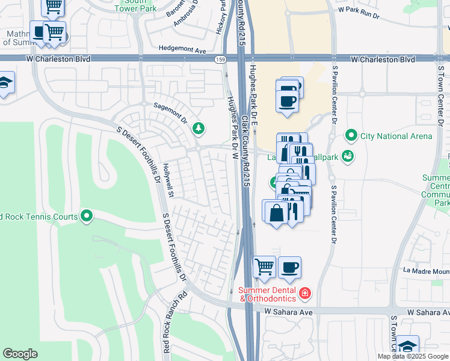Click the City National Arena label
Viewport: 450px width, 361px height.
tap(396, 136)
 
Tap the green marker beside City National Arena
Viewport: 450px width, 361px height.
tap(352, 136)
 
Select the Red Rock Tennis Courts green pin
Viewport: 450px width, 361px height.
tap(87, 215)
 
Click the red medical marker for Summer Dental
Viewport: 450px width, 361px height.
tap(305, 294)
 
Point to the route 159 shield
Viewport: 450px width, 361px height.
tap(220, 59)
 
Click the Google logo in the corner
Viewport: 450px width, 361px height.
tap(20, 354)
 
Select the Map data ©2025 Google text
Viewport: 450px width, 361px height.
tap(413, 356)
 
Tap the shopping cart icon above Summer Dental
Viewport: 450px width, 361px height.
tap(264, 267)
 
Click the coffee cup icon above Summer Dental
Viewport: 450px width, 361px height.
tap(289, 267)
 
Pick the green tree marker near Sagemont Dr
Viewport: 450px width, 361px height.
tap(198, 128)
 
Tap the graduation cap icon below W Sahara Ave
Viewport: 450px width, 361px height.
tap(407, 347)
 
